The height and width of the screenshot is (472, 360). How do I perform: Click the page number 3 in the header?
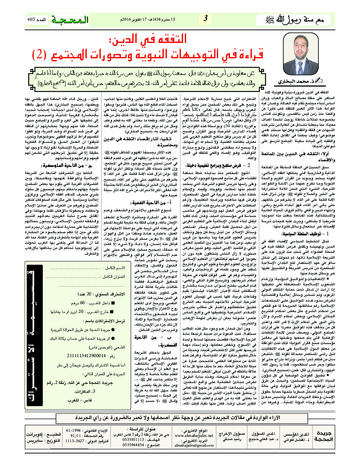pos(205,18)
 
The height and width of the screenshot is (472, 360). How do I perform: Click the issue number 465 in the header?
pos(34,19)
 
